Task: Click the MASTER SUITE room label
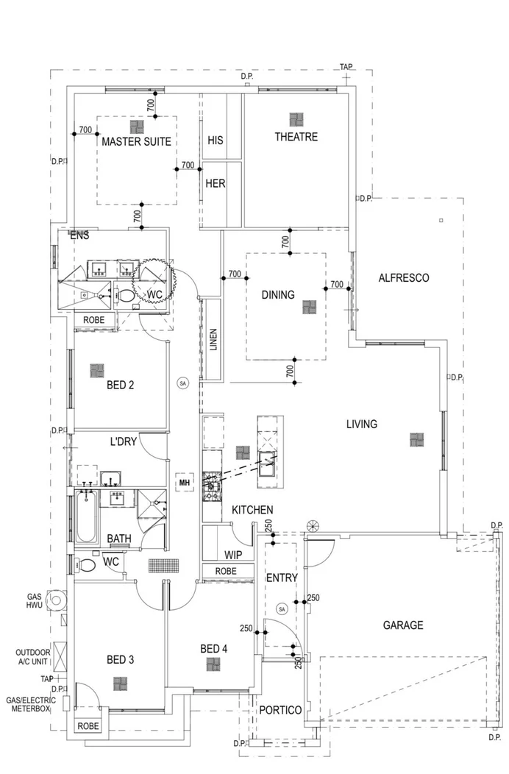click(x=136, y=141)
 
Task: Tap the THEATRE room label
click(x=296, y=137)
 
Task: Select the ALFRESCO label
click(x=403, y=278)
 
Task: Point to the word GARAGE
click(x=402, y=625)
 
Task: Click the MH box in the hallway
click(x=184, y=483)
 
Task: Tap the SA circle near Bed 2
click(x=182, y=383)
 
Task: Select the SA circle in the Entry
click(x=282, y=609)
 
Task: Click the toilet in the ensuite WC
click(x=127, y=296)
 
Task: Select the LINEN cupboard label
click(x=213, y=340)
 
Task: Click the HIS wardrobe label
click(x=215, y=140)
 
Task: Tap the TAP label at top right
click(x=346, y=67)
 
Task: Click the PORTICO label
click(x=280, y=710)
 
